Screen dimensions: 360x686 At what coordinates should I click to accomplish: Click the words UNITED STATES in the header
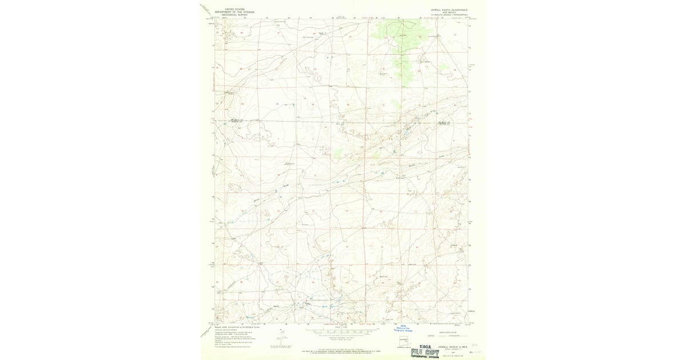234,9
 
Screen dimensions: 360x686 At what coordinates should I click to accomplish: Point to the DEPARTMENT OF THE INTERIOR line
234,11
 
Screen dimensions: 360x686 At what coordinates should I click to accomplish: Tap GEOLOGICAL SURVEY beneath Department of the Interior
234,14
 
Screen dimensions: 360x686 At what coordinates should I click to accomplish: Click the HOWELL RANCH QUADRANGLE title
449,9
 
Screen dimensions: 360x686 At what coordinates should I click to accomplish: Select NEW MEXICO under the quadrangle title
449,12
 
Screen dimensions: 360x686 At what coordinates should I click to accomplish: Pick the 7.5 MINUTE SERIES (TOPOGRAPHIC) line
449,15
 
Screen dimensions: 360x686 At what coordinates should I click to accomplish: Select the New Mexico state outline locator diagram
404,343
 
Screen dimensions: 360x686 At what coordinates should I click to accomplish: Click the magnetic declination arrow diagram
280,341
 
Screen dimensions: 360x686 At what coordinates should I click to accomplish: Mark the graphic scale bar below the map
343,331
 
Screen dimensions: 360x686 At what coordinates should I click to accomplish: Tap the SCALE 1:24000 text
343,327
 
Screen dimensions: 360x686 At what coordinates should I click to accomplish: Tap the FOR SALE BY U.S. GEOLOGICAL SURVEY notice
343,350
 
